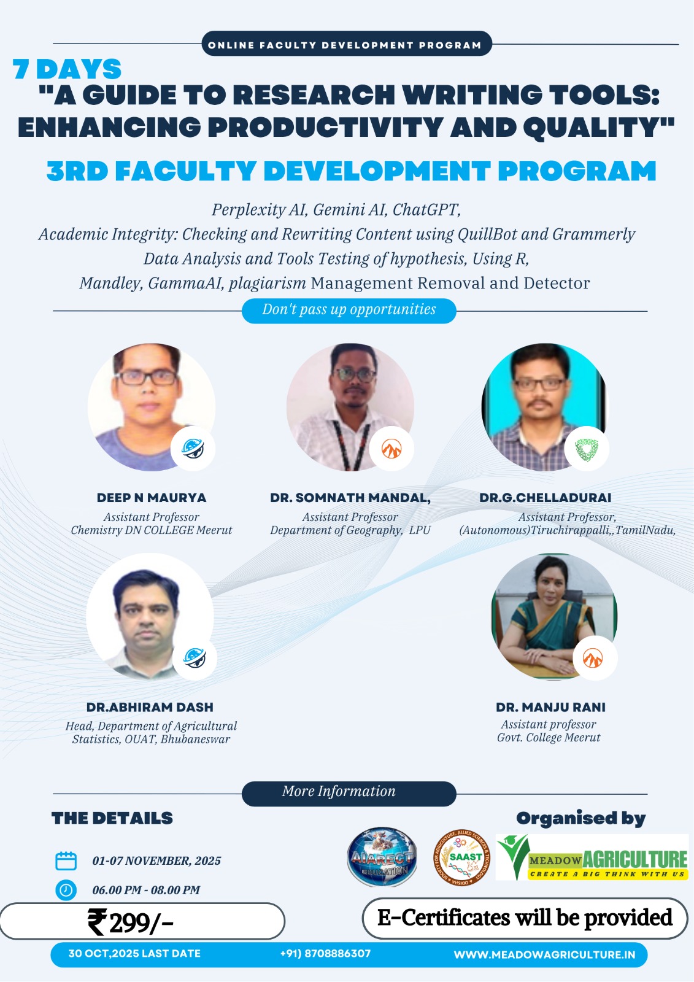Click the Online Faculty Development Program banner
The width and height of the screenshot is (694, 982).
pyautogui.click(x=346, y=44)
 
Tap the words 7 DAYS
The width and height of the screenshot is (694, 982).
pyautogui.click(x=67, y=69)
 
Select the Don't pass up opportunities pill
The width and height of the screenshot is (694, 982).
pyautogui.click(x=349, y=311)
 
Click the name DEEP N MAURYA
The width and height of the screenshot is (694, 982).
pyautogui.click(x=151, y=498)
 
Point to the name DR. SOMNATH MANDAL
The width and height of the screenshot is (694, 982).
pyautogui.click(x=350, y=498)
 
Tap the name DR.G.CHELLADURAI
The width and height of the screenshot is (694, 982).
pyautogui.click(x=545, y=498)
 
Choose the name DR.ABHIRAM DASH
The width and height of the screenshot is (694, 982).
pyautogui.click(x=150, y=707)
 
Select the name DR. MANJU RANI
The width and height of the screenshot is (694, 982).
pyautogui.click(x=550, y=707)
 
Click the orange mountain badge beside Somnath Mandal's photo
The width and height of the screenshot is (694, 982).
pyautogui.click(x=391, y=449)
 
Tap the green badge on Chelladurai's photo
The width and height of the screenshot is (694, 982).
pyautogui.click(x=587, y=449)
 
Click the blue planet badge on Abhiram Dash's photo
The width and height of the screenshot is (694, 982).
pyautogui.click(x=195, y=658)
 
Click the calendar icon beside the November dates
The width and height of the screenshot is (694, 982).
pyautogui.click(x=66, y=860)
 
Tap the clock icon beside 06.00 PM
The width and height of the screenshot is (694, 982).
pyautogui.click(x=66, y=890)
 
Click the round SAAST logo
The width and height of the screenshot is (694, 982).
pyautogui.click(x=461, y=857)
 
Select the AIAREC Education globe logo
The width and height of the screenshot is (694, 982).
pyautogui.click(x=382, y=857)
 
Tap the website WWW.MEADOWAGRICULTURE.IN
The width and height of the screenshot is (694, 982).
pyautogui.click(x=544, y=955)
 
